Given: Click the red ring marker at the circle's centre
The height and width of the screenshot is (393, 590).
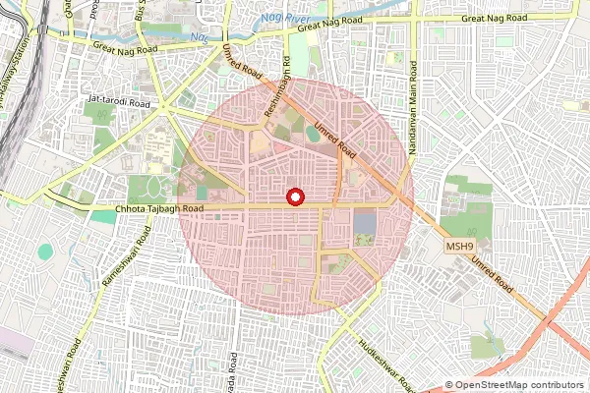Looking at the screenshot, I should (295, 197).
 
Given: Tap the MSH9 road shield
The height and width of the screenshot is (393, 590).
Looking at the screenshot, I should (459, 245).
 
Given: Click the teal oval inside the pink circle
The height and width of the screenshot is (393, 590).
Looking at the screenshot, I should (313, 133).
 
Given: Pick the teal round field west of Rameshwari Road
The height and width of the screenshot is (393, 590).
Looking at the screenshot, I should (45, 253).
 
